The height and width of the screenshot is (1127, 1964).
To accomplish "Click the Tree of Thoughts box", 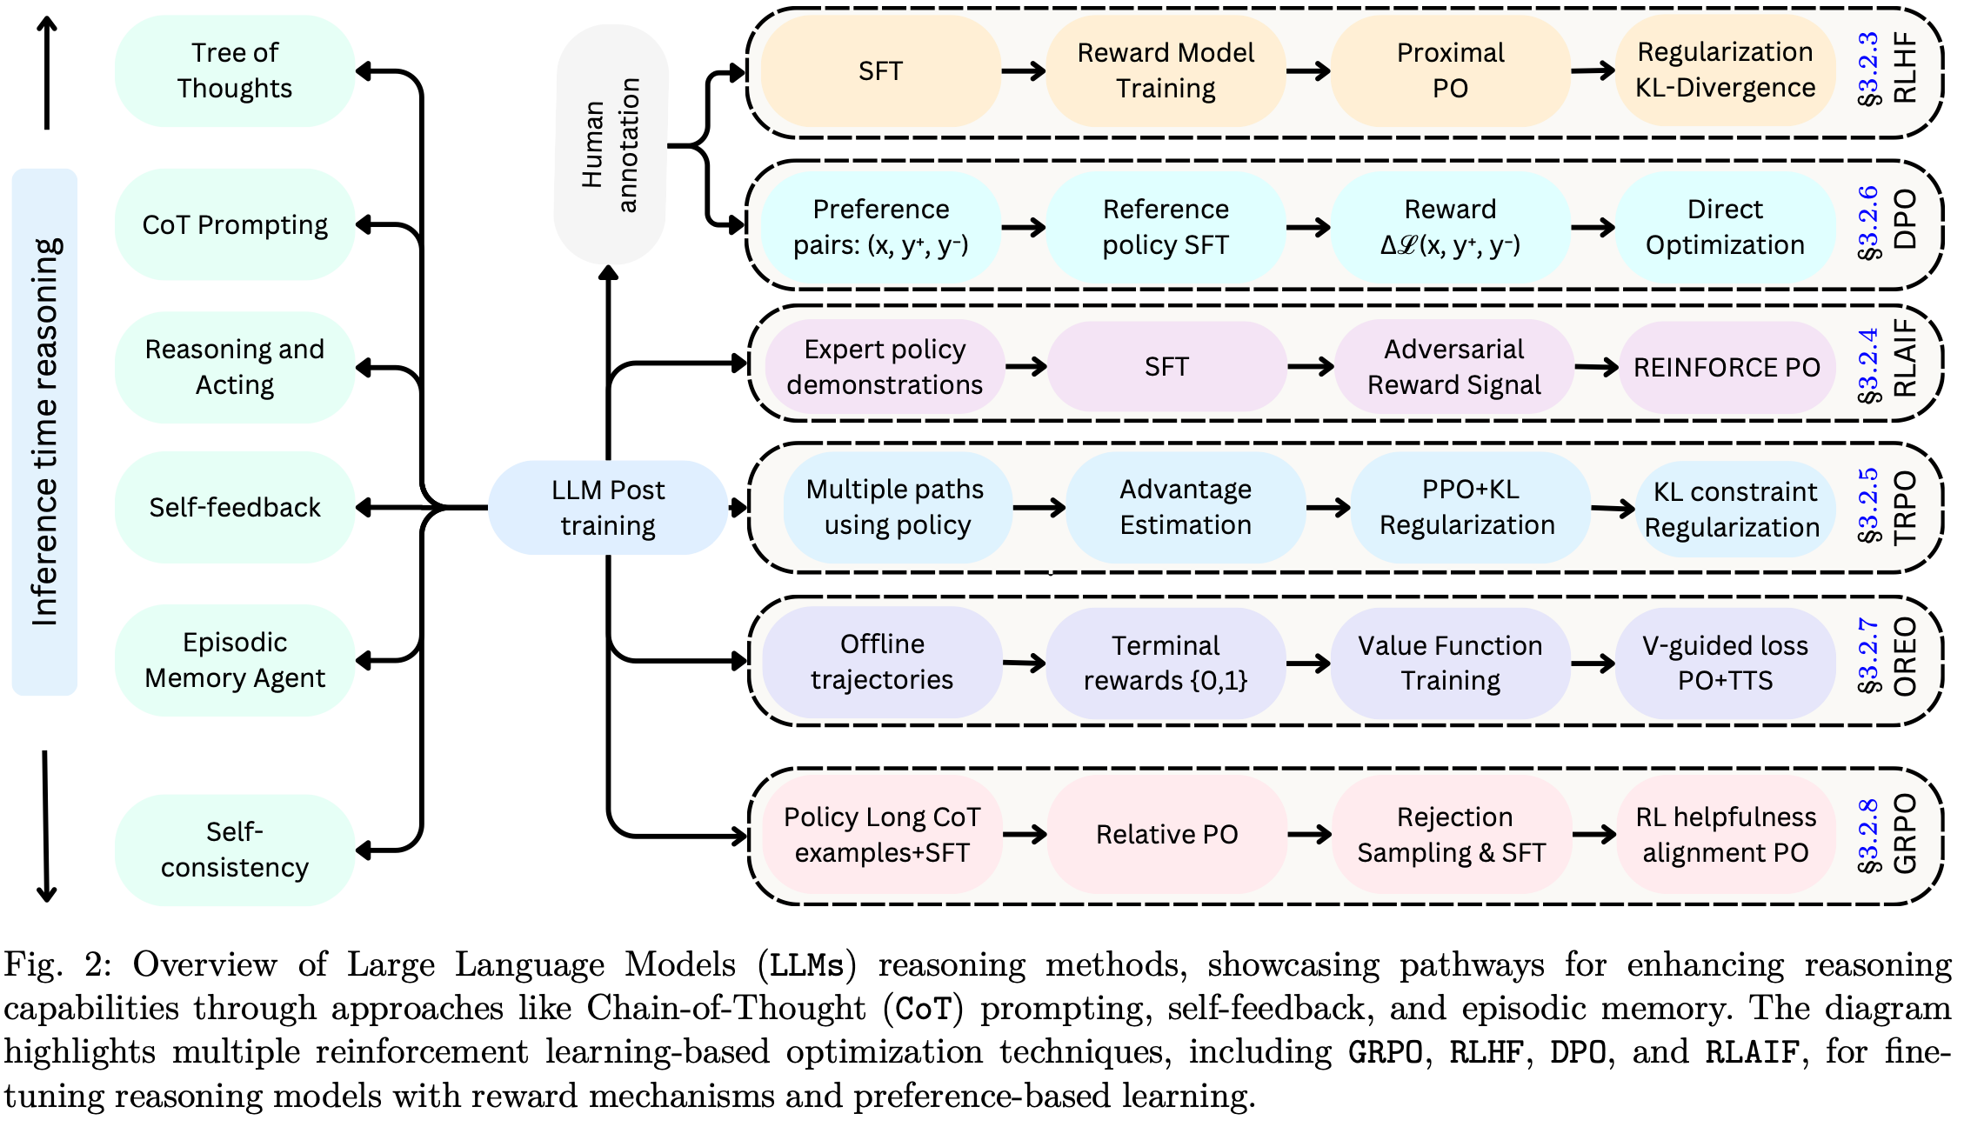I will [x=234, y=70].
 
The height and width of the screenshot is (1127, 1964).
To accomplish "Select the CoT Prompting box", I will [x=234, y=224].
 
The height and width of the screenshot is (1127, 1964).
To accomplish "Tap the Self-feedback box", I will [x=234, y=507].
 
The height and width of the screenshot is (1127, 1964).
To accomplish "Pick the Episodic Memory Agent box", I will [x=234, y=660].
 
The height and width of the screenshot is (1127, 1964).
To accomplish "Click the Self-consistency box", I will [x=234, y=850].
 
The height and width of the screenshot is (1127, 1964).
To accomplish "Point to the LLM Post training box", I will [x=607, y=507].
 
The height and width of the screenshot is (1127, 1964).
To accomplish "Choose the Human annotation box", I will [x=611, y=144].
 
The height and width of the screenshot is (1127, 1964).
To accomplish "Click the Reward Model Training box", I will [x=1166, y=70].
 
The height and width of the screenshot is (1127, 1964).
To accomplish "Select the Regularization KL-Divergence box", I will [x=1725, y=70].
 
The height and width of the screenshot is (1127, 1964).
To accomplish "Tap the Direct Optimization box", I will [x=1725, y=227].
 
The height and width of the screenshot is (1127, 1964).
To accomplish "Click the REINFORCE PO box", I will [x=1727, y=367].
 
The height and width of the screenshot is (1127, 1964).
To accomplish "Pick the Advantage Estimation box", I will [x=1186, y=507].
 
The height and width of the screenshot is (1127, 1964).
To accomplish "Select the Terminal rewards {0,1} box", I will [x=1166, y=663].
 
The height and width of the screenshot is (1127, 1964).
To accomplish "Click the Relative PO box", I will [x=1166, y=835].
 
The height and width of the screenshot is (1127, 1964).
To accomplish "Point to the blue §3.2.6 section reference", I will [x=1868, y=223].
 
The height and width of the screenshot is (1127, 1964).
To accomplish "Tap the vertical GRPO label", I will [x=1905, y=834].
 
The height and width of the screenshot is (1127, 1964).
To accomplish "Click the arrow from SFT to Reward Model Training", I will [x=1024, y=70].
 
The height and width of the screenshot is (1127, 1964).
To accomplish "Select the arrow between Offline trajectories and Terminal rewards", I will [x=1024, y=664].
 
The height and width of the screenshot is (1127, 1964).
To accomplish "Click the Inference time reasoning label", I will [x=44, y=431].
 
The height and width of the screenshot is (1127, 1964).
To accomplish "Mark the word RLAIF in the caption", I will [x=1751, y=1052].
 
